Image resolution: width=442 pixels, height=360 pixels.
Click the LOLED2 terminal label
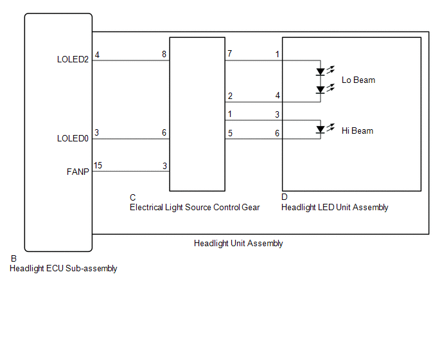point(73,60)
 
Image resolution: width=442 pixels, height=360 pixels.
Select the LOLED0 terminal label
point(73,138)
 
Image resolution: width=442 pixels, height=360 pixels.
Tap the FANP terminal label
point(78,172)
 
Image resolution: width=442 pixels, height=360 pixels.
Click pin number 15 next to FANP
point(98,166)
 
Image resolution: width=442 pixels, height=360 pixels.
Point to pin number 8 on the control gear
point(164,55)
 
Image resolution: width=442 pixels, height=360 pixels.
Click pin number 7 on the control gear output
point(229,55)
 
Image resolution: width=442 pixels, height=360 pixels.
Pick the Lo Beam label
point(358,80)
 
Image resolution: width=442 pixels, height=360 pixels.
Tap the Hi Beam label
point(357,131)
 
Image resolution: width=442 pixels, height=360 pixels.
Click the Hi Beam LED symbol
point(320,129)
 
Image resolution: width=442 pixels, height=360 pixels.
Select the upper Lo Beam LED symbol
point(320,71)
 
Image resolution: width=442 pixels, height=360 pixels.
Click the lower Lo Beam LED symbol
point(320,89)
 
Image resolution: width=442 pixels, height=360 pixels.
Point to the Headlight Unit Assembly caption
point(238,244)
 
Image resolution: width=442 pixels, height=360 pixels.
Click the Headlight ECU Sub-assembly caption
point(63,269)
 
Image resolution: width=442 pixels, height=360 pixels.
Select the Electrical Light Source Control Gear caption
point(195,208)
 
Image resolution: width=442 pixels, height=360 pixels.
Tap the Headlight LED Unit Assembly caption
point(335,208)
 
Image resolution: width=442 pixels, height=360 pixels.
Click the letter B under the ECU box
point(13,258)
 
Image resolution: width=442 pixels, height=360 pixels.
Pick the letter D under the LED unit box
point(285,197)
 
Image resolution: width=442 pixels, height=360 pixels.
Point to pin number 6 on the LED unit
point(278,133)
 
